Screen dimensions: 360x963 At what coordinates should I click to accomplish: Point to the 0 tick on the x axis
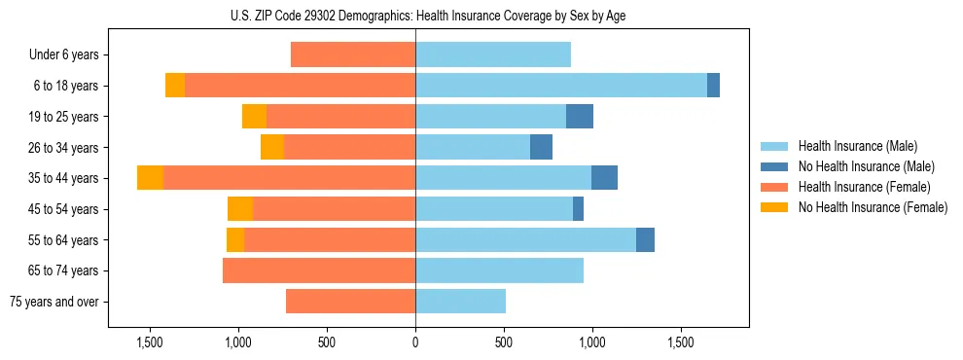click(x=415, y=342)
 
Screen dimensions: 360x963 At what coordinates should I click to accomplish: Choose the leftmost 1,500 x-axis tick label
click(x=150, y=342)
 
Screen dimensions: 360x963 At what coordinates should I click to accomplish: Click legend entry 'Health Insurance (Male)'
click(x=857, y=146)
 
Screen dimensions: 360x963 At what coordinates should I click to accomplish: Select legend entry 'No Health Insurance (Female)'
click(x=873, y=207)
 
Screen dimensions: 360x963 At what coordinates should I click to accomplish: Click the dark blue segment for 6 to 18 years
click(x=713, y=86)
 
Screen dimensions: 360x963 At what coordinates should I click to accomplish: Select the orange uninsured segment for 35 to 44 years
click(x=150, y=178)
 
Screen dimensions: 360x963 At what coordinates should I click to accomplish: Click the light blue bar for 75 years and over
click(x=460, y=302)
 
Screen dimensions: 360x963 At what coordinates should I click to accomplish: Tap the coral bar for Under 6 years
click(x=353, y=55)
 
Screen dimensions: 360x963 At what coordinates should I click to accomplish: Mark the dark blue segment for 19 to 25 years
click(x=580, y=117)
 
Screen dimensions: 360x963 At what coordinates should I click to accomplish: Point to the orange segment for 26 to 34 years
click(x=272, y=147)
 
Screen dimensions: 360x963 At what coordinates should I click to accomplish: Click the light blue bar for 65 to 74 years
click(x=499, y=270)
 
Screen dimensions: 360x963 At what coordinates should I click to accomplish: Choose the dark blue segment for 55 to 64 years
click(x=645, y=240)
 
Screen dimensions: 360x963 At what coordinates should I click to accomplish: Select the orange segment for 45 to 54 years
click(x=240, y=209)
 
